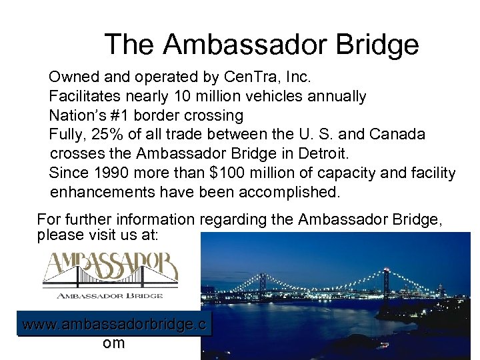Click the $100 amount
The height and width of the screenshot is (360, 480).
[x=229, y=173]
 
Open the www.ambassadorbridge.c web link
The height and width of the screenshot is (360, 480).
[x=114, y=325]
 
